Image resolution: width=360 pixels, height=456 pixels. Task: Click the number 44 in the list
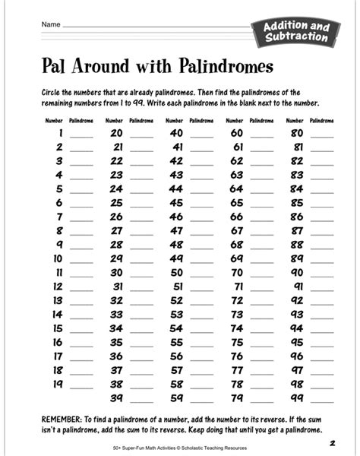198,188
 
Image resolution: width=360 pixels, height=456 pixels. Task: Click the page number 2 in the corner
333,443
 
